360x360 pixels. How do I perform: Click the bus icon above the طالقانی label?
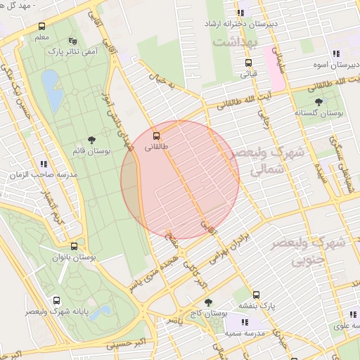(155, 135)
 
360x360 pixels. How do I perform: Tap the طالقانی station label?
(156, 147)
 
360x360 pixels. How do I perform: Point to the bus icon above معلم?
(41, 27)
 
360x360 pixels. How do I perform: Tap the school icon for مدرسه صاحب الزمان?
(44, 163)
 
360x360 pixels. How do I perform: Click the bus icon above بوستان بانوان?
(75, 246)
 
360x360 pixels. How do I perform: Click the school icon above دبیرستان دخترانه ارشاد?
(241, 13)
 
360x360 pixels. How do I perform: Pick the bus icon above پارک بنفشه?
(256, 295)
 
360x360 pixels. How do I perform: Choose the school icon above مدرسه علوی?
(352, 315)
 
